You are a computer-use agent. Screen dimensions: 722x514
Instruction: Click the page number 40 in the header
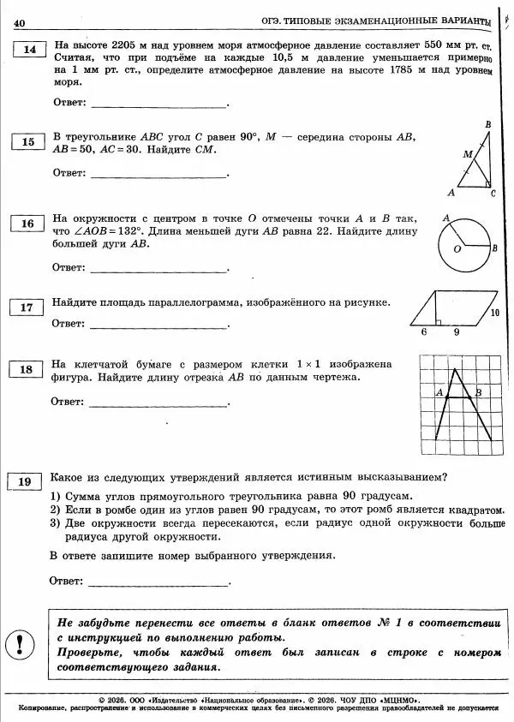[20, 21]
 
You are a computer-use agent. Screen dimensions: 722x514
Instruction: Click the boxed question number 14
[29, 50]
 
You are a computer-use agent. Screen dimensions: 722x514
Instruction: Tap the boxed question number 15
[28, 142]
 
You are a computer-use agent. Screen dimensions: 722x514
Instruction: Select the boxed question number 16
[28, 224]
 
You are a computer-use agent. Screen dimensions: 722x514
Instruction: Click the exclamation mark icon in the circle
[20, 641]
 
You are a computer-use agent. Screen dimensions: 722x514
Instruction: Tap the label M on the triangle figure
[467, 154]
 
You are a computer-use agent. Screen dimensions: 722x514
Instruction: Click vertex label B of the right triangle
[487, 125]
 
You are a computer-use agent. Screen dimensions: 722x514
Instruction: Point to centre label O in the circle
[457, 249]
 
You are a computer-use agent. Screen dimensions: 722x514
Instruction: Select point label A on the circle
[445, 219]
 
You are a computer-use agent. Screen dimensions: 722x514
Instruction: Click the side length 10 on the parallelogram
[494, 313]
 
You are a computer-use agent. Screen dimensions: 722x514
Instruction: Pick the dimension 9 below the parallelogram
[457, 331]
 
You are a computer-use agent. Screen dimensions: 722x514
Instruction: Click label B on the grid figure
[478, 392]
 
